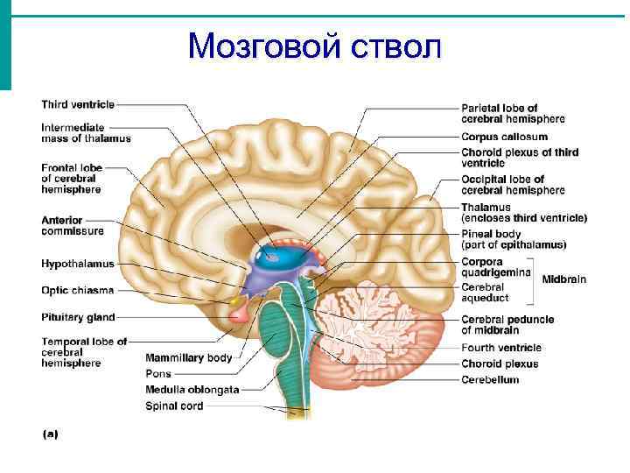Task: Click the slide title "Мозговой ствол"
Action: tap(314, 45)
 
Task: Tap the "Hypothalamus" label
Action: tap(77, 263)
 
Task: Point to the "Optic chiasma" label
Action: tap(77, 290)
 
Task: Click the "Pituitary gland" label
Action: tap(78, 317)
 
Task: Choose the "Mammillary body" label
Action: tap(189, 357)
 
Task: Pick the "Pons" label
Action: tap(158, 373)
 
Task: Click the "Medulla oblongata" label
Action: tap(192, 389)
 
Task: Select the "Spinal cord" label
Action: tap(174, 406)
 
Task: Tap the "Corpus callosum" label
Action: tap(504, 137)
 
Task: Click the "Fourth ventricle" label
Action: tap(501, 348)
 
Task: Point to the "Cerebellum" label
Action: tap(490, 379)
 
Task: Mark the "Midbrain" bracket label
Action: tap(563, 279)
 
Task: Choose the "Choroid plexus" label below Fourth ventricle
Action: tap(500, 364)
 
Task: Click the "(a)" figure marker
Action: tap(50, 434)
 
